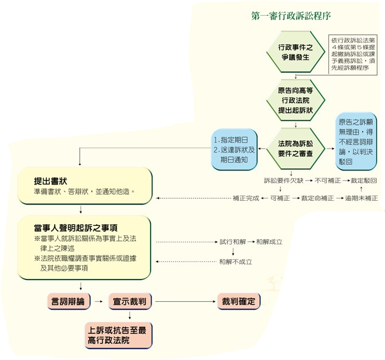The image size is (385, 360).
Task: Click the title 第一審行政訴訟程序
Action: coord(291,16)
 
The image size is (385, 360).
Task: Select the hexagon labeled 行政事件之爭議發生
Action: coord(295,52)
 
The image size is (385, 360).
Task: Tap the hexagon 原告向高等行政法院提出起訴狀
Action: coord(295,100)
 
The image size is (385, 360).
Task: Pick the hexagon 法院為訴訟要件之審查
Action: coord(295,149)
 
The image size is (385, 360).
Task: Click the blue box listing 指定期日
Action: coord(234,149)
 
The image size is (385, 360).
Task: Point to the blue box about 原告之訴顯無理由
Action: coord(356,141)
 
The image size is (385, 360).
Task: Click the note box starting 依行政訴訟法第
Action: coord(353,54)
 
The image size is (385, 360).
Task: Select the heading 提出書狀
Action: coord(50,181)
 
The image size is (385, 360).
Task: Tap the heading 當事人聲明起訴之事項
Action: coord(76,228)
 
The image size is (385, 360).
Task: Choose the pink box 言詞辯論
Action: coord(68,301)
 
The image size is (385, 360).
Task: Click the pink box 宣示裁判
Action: coord(130,301)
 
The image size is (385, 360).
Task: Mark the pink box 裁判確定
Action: coord(238,301)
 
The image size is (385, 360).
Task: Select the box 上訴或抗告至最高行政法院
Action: coord(118,335)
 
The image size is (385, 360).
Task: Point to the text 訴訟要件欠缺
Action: coord(284,181)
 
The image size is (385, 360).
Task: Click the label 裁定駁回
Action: coord(364,181)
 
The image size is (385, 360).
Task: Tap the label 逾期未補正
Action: coord(361,198)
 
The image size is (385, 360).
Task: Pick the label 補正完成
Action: coord(246,198)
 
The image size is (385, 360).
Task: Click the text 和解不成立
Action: coord(236,262)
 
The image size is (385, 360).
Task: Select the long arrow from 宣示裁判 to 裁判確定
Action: coord(185,301)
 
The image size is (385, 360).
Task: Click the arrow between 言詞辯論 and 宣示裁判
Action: coord(99,301)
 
